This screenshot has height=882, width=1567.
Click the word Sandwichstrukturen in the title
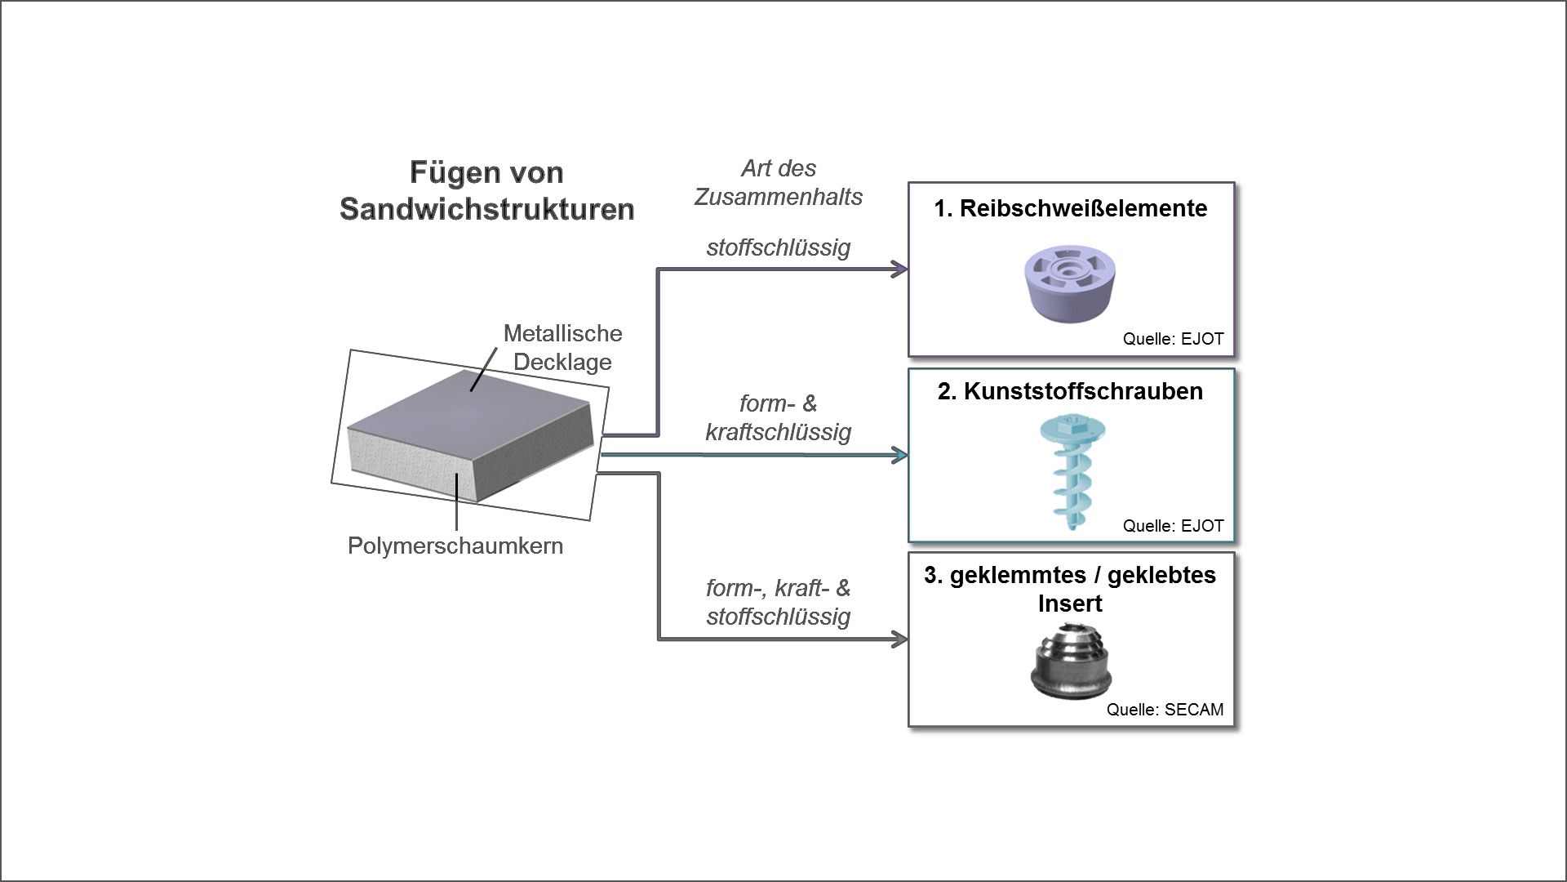point(486,209)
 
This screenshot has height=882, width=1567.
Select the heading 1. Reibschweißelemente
point(1070,208)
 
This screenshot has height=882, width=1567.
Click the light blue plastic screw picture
point(1072,474)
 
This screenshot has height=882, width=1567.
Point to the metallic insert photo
point(1070,662)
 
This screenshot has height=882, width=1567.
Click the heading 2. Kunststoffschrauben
point(1070,391)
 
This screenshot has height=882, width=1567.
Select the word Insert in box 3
point(1070,604)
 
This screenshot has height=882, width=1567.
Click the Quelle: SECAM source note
point(1165,710)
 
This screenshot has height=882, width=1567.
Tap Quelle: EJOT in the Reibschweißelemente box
point(1173,339)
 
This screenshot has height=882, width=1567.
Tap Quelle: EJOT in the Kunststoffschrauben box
point(1173,526)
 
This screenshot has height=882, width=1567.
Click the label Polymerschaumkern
point(455,546)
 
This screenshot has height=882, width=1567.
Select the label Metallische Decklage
point(562,347)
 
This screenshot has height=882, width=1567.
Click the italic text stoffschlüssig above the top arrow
point(778,247)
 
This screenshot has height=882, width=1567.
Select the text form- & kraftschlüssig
point(778,417)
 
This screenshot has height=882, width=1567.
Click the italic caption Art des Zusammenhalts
point(778,182)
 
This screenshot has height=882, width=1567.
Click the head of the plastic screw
point(1072,426)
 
